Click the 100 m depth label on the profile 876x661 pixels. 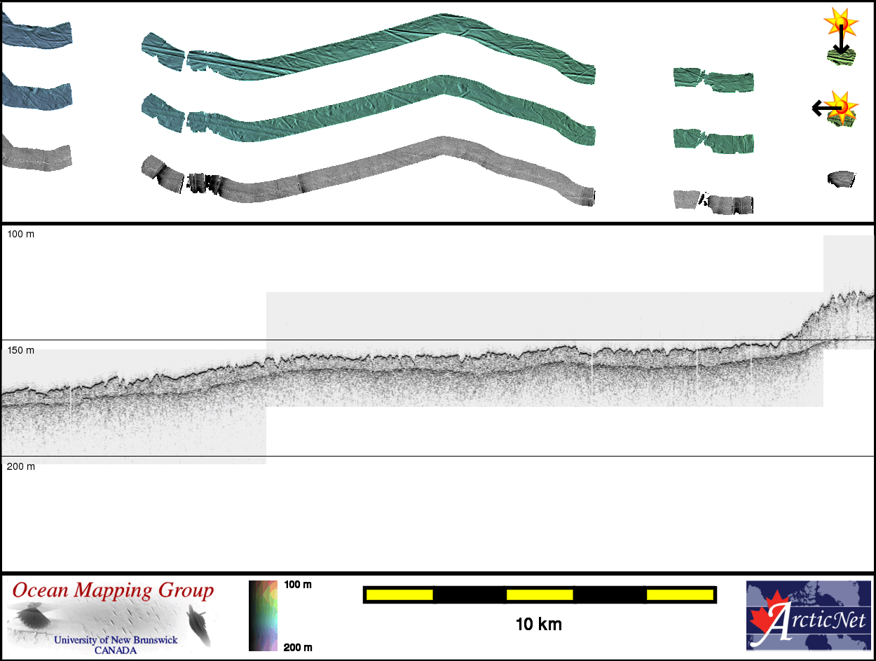21,235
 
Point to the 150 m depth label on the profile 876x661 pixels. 21,350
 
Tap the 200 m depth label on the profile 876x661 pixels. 21,466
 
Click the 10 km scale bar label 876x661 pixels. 539,625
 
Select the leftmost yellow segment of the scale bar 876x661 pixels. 399,594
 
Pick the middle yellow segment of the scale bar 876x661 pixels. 540,594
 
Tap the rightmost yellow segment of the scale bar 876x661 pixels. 680,594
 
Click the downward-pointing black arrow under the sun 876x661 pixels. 841,39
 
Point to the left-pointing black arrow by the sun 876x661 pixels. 827,108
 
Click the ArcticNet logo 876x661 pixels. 809,616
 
